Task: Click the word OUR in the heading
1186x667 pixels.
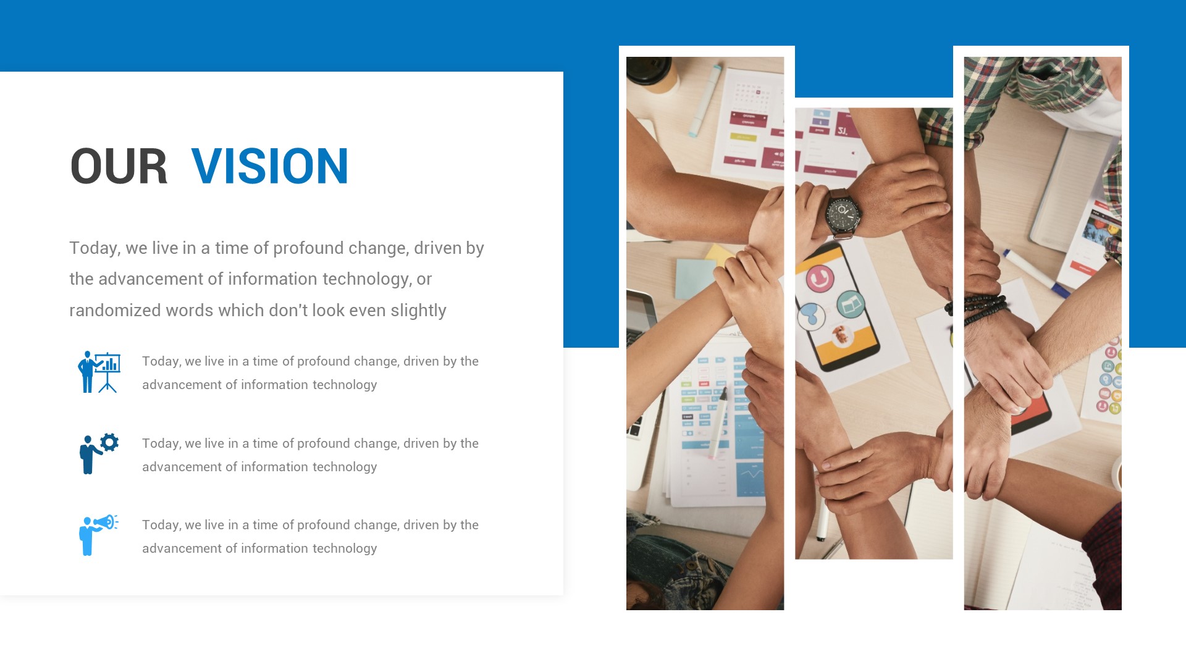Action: pos(119,166)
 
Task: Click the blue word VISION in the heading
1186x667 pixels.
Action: pos(270,166)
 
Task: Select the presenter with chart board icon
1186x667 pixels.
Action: pos(99,372)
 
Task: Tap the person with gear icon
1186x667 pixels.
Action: pos(98,453)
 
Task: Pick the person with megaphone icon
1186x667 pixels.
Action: pos(98,535)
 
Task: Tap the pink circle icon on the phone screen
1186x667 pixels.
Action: pos(820,279)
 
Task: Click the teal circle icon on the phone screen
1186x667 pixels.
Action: pos(851,304)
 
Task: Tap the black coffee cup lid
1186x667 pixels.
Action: pos(648,69)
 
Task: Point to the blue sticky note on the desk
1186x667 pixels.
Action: pos(694,279)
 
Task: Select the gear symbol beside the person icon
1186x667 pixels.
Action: pos(109,442)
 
